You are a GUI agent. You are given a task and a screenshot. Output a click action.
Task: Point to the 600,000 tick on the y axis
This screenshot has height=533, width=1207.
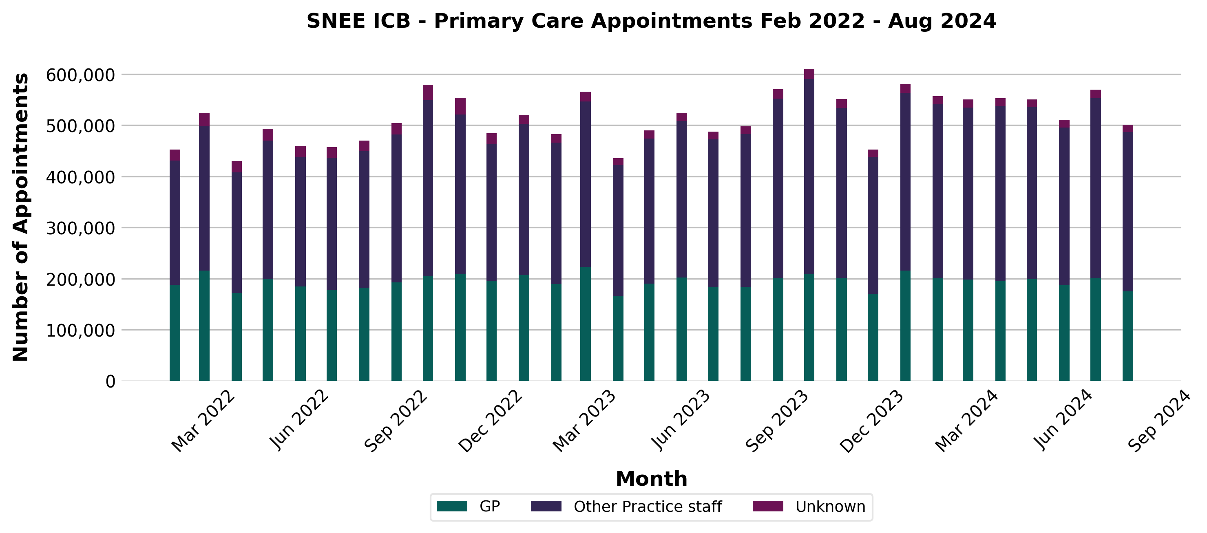tap(80, 75)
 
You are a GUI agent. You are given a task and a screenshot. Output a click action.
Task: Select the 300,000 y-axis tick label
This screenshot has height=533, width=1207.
tap(80, 228)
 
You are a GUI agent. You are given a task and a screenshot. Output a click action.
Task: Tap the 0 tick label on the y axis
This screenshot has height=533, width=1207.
tap(110, 382)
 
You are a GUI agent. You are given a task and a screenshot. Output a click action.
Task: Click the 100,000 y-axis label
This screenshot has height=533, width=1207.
tap(80, 330)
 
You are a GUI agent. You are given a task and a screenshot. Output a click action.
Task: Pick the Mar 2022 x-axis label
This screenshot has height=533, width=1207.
tap(202, 421)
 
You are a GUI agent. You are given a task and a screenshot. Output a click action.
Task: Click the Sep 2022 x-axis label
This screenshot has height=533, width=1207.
tap(396, 421)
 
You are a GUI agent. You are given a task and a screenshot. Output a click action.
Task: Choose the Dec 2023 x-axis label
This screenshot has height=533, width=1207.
tap(871, 421)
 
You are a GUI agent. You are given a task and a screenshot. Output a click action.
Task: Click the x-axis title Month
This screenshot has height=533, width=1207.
tap(651, 479)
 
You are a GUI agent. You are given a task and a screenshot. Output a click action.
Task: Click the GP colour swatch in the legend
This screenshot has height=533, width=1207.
tap(452, 506)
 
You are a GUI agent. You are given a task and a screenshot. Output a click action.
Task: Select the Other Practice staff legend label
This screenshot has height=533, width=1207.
tap(648, 507)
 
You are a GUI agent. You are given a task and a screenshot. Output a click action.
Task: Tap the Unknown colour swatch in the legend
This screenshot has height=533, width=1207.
tap(767, 506)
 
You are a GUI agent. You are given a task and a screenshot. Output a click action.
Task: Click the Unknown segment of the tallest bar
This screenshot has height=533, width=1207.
tap(809, 74)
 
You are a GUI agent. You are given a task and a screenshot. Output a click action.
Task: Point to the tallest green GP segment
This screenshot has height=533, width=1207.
tap(585, 324)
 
